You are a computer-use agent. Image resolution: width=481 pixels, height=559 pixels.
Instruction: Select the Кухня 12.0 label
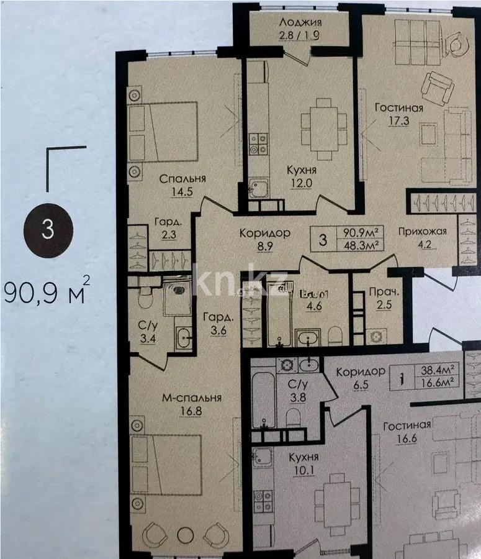[x=302, y=176]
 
